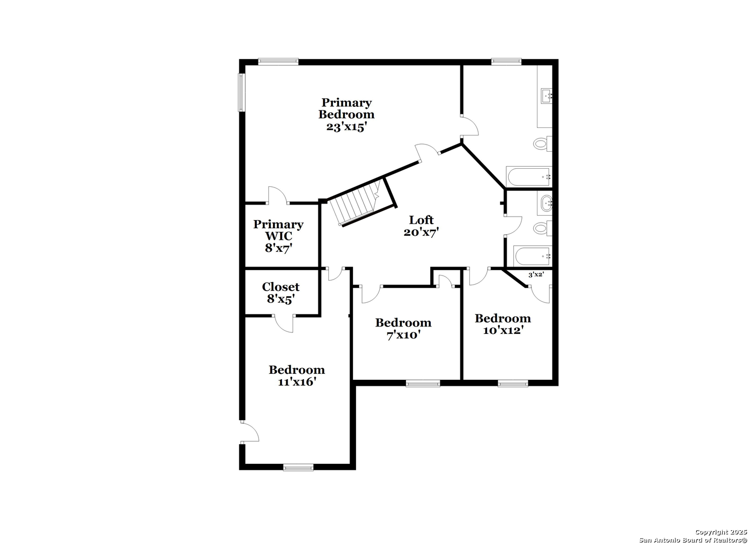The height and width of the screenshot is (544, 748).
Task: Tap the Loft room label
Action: (421, 220)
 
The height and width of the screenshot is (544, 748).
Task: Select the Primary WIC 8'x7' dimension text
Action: (279, 248)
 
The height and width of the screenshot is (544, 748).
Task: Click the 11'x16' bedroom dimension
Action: (297, 381)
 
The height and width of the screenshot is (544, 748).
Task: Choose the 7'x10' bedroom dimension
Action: (403, 334)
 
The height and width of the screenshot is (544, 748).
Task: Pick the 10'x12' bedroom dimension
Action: (503, 330)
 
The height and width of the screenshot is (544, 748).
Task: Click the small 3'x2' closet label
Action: (536, 275)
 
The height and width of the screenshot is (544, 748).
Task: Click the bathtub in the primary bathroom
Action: (529, 177)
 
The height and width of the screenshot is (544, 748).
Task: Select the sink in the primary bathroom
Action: (547, 96)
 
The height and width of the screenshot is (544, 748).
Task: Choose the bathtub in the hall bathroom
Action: (532, 256)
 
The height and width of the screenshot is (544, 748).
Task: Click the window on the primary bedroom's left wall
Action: (241, 92)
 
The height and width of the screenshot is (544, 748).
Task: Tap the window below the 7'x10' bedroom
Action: (423, 383)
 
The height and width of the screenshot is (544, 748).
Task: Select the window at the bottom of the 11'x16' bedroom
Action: (298, 467)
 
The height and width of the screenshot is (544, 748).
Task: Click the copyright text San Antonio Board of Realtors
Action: (693, 540)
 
